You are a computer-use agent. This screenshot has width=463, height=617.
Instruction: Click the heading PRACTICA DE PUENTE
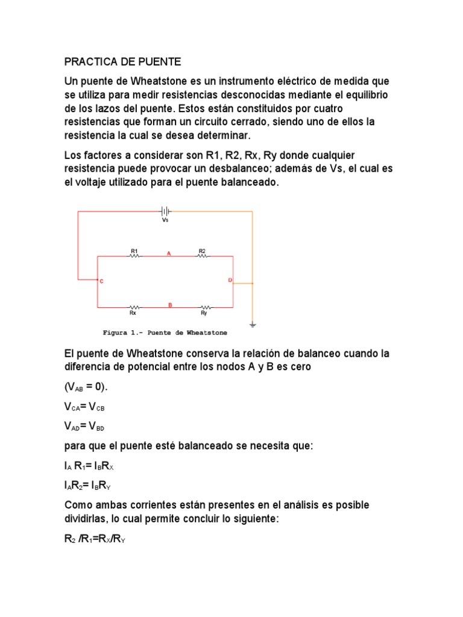(122, 62)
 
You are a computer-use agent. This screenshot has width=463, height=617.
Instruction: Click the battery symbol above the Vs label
(165, 211)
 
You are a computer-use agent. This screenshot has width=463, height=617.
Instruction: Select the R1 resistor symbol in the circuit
(134, 256)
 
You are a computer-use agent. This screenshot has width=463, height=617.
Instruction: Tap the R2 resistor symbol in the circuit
(203, 256)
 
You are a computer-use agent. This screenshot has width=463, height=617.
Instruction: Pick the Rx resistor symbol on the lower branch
(133, 307)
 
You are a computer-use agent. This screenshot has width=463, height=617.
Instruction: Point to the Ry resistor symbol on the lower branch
(204, 307)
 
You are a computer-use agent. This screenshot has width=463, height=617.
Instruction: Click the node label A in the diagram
(169, 254)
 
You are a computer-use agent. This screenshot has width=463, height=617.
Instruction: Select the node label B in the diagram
(170, 305)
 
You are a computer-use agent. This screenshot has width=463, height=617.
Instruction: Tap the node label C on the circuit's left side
(101, 281)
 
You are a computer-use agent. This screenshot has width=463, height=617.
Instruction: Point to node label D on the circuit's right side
(229, 280)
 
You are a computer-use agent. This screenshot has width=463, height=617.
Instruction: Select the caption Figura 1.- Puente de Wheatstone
(165, 332)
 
